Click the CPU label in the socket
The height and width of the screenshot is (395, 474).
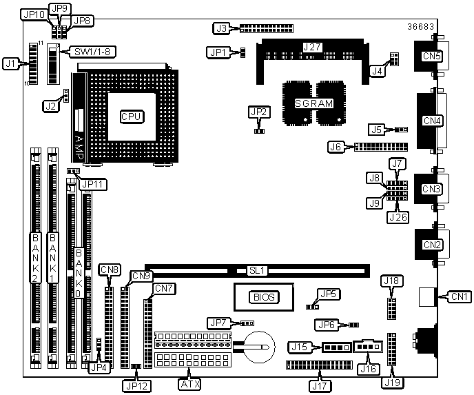click(131, 117)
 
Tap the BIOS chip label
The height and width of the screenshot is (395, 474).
click(264, 297)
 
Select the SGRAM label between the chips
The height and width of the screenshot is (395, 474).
click(313, 103)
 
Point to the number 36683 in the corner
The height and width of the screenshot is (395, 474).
click(420, 27)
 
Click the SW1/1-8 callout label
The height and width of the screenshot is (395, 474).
click(91, 52)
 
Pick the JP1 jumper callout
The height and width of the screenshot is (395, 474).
click(218, 52)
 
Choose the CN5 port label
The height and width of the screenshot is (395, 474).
click(432, 56)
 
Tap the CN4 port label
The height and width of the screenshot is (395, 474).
click(432, 121)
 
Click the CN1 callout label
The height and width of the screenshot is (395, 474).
click(459, 296)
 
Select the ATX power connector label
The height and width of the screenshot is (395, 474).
click(189, 384)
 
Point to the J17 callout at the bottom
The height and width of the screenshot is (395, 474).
click(320, 385)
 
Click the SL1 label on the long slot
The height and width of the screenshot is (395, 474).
click(257, 270)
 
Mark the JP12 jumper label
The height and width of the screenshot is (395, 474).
click(136, 386)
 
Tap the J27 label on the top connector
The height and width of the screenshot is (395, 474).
click(312, 47)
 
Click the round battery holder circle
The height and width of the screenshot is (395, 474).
click(260, 347)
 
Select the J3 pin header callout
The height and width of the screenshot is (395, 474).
click(222, 28)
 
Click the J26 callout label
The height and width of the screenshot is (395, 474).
click(398, 217)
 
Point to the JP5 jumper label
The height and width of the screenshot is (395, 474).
click(329, 294)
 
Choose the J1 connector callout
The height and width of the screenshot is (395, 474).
click(10, 64)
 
